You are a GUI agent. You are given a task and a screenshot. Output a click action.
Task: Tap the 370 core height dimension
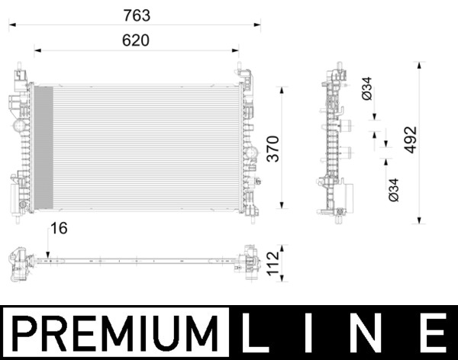click(x=273, y=149)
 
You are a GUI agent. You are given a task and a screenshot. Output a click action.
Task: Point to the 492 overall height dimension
click(x=410, y=140)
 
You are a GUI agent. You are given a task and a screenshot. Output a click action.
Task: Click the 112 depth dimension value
click(x=273, y=264)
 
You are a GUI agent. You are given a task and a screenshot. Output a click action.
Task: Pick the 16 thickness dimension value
click(x=59, y=228)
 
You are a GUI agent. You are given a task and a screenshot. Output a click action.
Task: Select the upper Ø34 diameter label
click(x=367, y=89)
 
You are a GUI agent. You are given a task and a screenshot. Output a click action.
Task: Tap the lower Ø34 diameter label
click(x=393, y=189)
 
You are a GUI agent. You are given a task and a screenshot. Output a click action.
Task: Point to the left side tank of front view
click(x=21, y=145)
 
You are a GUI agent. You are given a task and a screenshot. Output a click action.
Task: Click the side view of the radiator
click(x=334, y=145)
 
